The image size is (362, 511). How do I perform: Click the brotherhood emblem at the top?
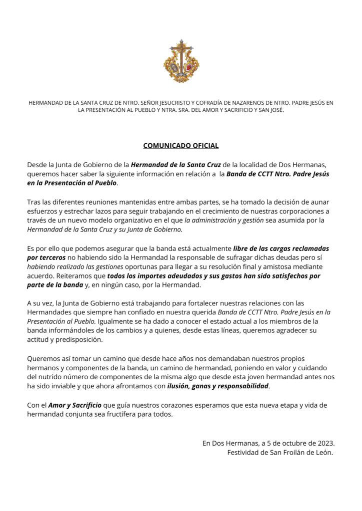pos(181,62)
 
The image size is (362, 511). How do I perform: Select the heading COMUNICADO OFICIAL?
pos(181,146)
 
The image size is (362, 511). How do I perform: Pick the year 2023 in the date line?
pos(324,443)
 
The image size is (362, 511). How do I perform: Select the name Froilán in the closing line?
pos(298,452)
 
